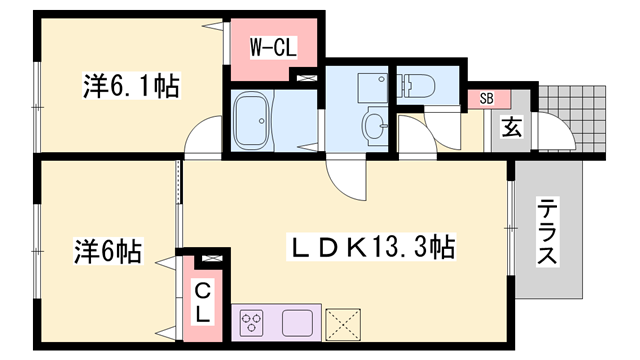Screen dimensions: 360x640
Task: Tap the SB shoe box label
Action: point(486,98)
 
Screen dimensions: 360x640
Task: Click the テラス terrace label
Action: point(549,232)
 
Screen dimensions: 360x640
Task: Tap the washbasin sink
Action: point(374,125)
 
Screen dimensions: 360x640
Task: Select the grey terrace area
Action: point(549,232)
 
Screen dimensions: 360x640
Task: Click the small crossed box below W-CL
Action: point(304,77)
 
